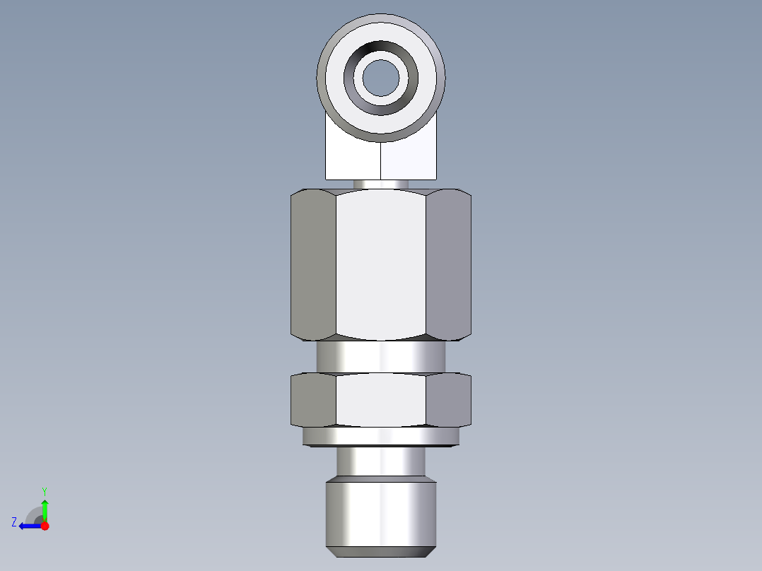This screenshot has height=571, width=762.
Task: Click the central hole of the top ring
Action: pyautogui.click(x=381, y=77)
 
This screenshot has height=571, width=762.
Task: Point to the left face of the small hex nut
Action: pyautogui.click(x=313, y=400)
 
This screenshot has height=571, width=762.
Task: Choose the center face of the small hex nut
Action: pyautogui.click(x=381, y=400)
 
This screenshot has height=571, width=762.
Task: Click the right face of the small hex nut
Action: pyautogui.click(x=449, y=400)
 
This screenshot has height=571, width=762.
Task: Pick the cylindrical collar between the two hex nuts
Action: pyautogui.click(x=381, y=357)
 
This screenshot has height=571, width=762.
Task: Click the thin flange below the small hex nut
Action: pyautogui.click(x=381, y=437)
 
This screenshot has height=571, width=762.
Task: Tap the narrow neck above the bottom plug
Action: pyautogui.click(x=381, y=463)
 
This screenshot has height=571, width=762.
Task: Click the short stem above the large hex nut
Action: pyautogui.click(x=381, y=184)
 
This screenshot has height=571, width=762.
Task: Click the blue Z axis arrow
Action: pyautogui.click(x=28, y=526)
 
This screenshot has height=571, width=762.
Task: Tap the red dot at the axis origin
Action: pyautogui.click(x=45, y=526)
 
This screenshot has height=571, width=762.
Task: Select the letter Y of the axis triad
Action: pyautogui.click(x=44, y=490)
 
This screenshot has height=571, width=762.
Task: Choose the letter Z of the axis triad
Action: pyautogui.click(x=14, y=522)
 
